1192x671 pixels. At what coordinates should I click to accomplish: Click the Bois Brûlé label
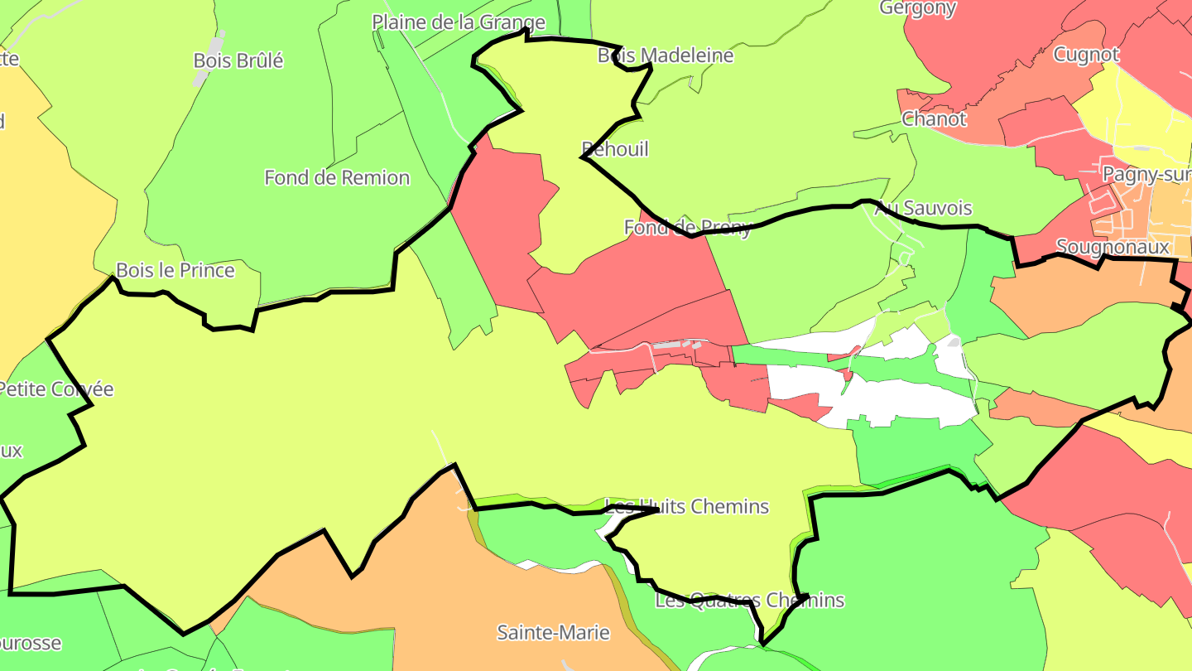(238, 60)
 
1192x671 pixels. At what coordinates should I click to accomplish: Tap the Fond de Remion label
(336, 177)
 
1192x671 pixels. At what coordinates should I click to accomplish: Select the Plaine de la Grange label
(458, 22)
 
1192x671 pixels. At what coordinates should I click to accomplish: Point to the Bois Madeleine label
(666, 56)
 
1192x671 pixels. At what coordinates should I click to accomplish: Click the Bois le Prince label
(175, 270)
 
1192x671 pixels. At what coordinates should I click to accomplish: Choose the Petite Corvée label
(56, 389)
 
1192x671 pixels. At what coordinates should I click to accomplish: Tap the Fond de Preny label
(687, 227)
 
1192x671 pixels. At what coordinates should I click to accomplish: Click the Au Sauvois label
(923, 208)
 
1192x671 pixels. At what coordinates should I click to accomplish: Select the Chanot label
(934, 118)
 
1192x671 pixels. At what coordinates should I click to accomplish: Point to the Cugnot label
(1086, 55)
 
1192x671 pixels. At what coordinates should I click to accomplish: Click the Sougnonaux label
(1113, 246)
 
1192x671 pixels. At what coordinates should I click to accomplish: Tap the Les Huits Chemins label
(687, 506)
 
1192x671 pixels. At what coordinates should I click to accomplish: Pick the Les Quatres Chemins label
(749, 600)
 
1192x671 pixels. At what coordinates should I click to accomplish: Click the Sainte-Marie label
(553, 632)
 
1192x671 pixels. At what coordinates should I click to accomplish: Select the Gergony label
(917, 8)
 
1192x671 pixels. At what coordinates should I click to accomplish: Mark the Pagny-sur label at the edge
(1146, 174)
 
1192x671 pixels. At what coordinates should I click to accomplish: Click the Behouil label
(615, 149)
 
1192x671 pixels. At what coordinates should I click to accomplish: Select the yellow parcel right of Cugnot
(1138, 116)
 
